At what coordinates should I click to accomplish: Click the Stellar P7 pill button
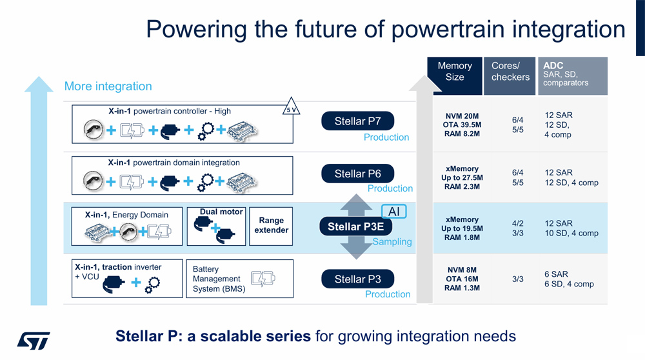[x=357, y=121]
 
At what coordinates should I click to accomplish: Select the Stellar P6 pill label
[x=357, y=174]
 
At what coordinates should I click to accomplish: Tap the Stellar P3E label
[x=355, y=226]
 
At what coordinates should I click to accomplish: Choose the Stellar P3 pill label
[x=357, y=279]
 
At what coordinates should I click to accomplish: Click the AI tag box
[x=394, y=212]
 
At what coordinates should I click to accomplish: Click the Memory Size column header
[x=455, y=72]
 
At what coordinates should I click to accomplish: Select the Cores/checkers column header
[x=510, y=72]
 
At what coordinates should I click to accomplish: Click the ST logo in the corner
[x=33, y=341]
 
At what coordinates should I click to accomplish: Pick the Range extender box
[x=272, y=226]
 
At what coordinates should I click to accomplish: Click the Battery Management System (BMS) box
[x=239, y=279]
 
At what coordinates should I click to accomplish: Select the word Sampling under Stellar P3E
[x=392, y=242]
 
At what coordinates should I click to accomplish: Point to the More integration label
[x=108, y=86]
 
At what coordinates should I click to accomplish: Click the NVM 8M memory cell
[x=461, y=270]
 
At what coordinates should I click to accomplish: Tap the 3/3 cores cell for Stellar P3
[x=517, y=279]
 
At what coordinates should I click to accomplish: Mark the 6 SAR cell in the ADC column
[x=555, y=274]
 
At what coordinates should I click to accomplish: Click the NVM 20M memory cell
[x=461, y=115]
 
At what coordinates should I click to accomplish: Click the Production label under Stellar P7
[x=386, y=137]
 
